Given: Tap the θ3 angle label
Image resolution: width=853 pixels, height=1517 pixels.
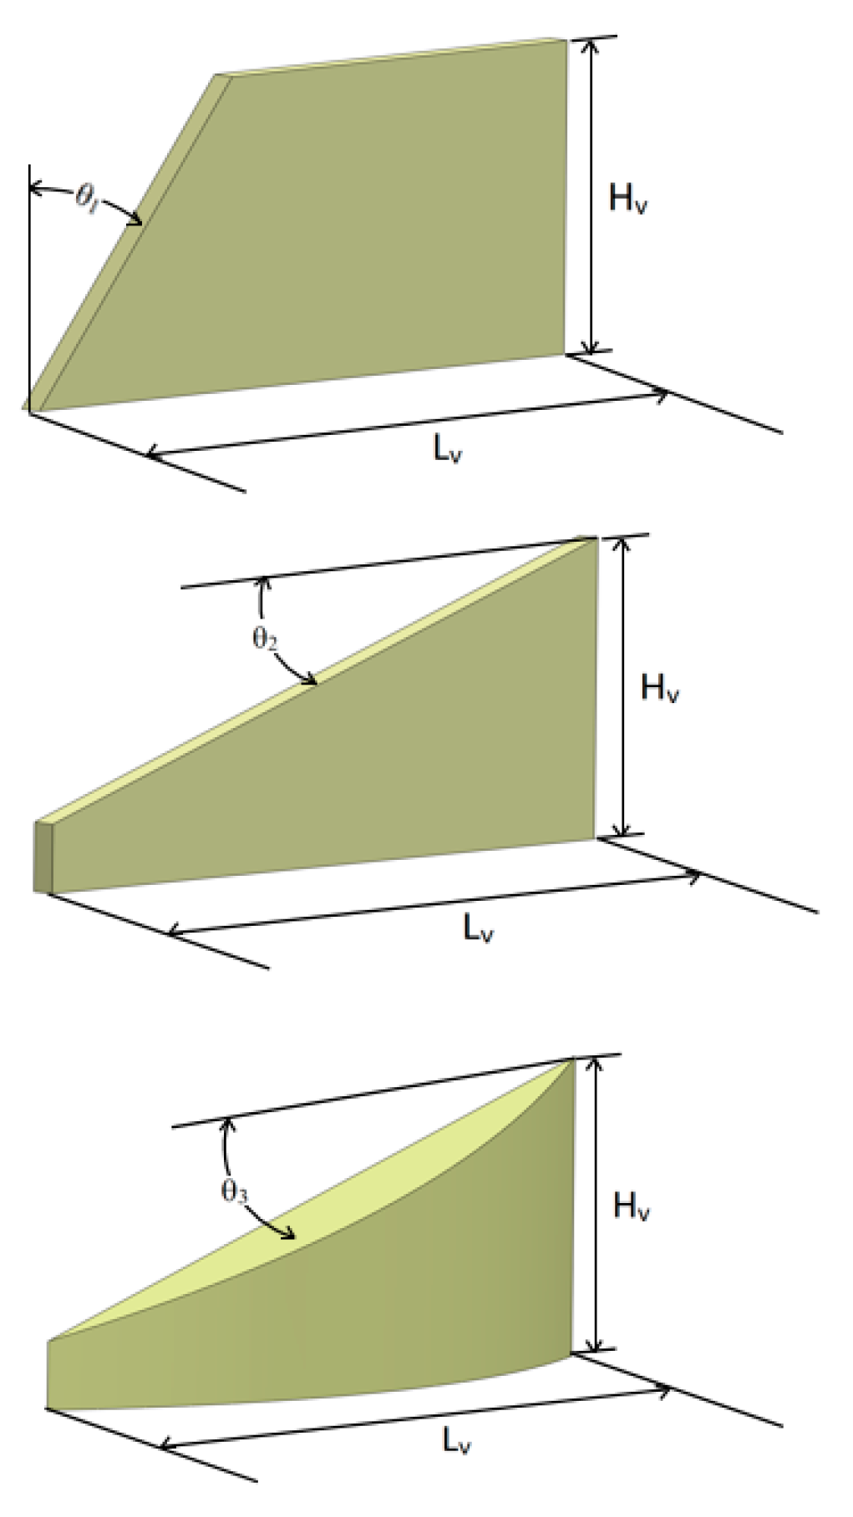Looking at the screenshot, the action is (x=234, y=1191).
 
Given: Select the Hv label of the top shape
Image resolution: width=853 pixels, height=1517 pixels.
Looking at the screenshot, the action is (x=627, y=200).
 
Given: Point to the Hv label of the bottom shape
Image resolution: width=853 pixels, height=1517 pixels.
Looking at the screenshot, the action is (x=632, y=1206).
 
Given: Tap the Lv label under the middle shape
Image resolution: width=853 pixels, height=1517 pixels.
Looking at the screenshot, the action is (x=478, y=928).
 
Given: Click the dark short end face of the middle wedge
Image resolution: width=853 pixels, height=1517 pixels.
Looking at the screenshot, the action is (x=43, y=857).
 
